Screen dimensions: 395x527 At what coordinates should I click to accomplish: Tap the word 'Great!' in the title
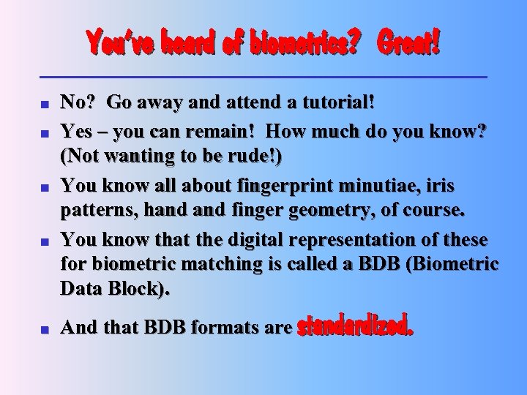[x=408, y=44]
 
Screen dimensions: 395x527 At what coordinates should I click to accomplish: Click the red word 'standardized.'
[x=355, y=324]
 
